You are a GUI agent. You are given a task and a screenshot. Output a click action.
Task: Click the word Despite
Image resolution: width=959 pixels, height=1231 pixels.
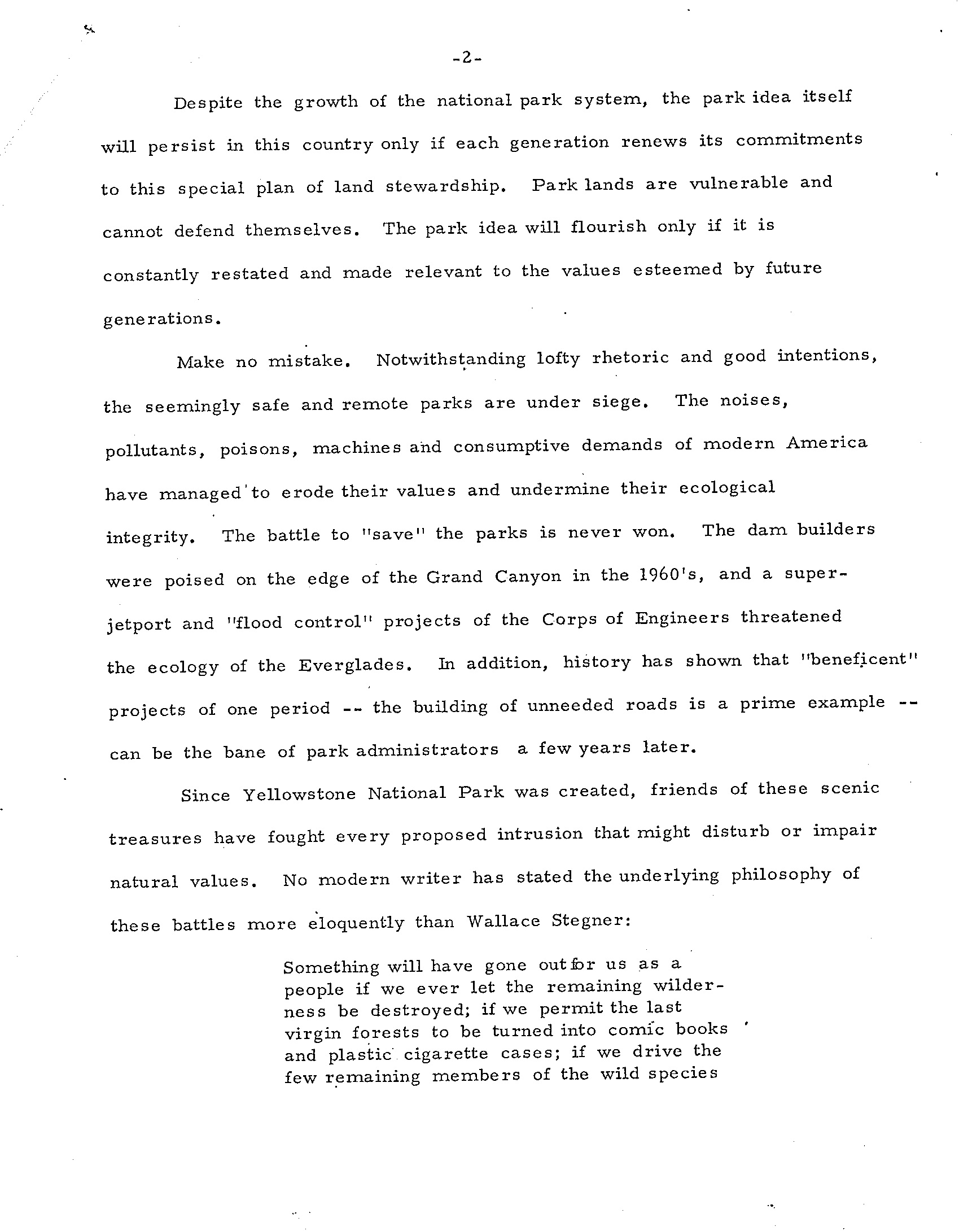(208, 104)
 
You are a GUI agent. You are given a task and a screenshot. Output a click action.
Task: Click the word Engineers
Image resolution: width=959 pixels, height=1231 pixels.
(682, 618)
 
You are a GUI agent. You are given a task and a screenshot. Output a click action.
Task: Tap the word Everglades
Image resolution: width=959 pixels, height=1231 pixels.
(353, 665)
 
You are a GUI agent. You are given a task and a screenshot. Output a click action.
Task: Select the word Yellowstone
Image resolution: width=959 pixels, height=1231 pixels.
(299, 795)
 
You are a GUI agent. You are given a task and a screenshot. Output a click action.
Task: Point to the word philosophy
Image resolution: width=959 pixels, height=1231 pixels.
(781, 875)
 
